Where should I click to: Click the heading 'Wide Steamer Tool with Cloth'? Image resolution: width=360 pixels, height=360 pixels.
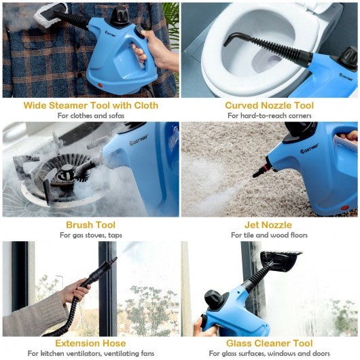91,105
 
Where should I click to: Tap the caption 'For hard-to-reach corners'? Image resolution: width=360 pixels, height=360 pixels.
269,115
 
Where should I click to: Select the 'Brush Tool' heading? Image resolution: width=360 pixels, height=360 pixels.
91,225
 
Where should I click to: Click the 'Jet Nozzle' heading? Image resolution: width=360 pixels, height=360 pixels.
268,225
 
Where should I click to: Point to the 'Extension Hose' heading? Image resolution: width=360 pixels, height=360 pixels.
90,343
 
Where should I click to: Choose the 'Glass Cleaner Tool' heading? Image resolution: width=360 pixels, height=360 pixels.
269,343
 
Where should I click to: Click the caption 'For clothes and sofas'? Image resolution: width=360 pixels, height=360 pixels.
91,115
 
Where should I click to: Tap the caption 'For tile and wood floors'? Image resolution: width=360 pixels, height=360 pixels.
269,235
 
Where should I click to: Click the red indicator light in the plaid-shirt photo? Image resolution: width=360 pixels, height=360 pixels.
100,86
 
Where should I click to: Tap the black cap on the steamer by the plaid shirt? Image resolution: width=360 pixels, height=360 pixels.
120,16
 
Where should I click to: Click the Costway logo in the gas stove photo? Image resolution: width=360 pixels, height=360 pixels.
139,140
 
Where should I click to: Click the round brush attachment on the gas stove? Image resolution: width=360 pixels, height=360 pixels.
84,171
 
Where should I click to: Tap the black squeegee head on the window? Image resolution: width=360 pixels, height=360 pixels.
281,261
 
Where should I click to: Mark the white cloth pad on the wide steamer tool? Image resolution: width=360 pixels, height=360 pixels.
50,16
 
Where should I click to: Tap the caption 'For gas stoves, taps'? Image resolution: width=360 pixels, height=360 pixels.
91,235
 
